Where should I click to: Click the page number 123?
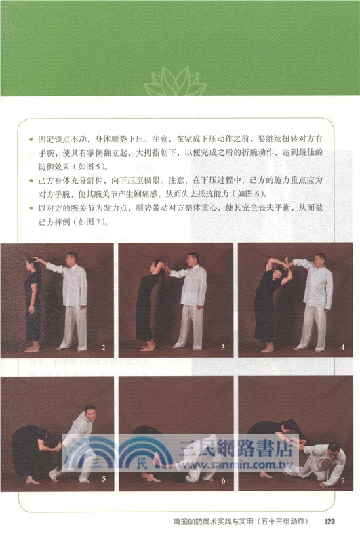point(331,521)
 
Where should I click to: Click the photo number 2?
point(104,348)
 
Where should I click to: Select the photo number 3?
point(222,348)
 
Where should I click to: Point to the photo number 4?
point(342,348)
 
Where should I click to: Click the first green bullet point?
point(31,138)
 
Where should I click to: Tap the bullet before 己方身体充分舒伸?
point(31,181)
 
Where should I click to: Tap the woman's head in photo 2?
point(31,263)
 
